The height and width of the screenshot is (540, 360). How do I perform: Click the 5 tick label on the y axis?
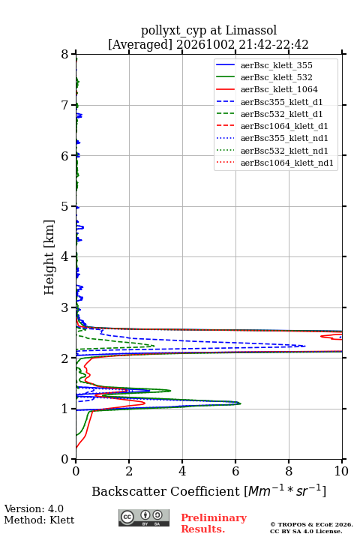pyautogui.click(x=64, y=207)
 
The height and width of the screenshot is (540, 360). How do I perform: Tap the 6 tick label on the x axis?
pyautogui.click(x=235, y=471)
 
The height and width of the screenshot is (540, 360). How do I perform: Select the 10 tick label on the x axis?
pyautogui.click(x=341, y=471)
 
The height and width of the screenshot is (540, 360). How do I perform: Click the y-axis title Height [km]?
pyautogui.click(x=49, y=257)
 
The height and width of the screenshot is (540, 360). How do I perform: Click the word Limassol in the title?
pyautogui.click(x=250, y=30)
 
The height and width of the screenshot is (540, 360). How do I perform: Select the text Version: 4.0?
pyautogui.click(x=34, y=508)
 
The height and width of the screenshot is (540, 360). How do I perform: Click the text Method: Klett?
pyautogui.click(x=39, y=520)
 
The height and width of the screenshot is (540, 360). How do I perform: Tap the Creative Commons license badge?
pyautogui.click(x=144, y=517)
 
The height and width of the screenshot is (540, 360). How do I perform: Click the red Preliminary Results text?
pyautogui.click(x=214, y=523)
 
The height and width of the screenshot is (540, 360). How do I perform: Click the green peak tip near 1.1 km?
pyautogui.click(x=241, y=403)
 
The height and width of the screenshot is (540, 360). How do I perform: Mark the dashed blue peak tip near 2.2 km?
pyautogui.click(x=305, y=346)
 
